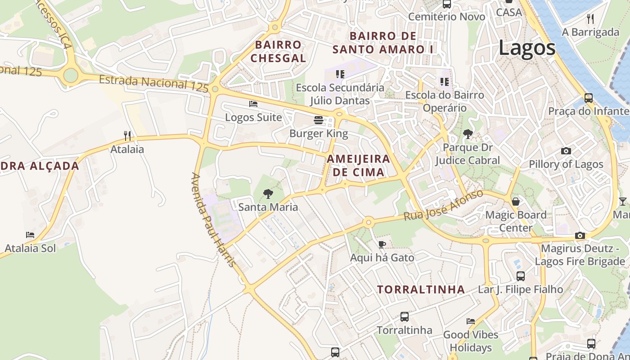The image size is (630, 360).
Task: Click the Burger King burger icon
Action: [319, 120]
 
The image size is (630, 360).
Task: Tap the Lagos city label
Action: [527, 48]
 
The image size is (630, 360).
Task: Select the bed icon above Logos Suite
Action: [253, 104]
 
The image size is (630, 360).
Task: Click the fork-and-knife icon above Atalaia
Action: [127, 135]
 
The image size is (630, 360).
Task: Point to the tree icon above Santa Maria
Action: [268, 194]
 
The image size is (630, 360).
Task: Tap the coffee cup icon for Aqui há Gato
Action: [382, 244]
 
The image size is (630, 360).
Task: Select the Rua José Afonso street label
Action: [443, 205]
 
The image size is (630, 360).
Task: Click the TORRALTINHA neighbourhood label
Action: [421, 289]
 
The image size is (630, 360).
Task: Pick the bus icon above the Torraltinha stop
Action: [405, 317]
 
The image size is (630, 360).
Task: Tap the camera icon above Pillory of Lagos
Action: [566, 151]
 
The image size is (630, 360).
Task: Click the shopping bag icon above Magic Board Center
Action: [516, 202]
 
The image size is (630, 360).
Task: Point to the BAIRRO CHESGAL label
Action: [278, 51]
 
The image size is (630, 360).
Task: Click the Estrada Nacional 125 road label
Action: [153, 83]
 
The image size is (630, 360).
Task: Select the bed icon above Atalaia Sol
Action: [30, 235]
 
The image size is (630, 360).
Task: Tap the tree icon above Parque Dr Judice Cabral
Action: [468, 134]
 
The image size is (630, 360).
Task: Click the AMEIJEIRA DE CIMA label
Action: [358, 165]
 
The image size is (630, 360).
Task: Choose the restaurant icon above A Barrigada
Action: [590, 19]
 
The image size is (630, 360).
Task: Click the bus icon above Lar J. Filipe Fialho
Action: [520, 276]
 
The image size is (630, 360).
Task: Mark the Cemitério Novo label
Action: [446, 17]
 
